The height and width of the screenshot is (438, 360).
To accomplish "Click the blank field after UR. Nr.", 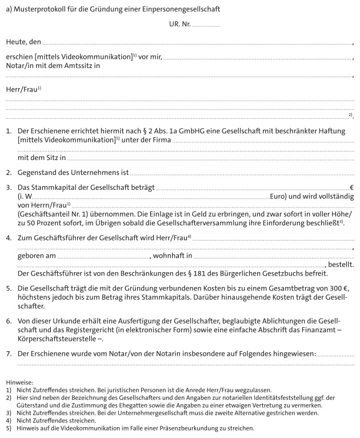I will coord(206,26).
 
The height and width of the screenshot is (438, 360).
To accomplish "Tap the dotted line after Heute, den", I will coord(197,43).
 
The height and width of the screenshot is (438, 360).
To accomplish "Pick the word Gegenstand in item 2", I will coord(39,172).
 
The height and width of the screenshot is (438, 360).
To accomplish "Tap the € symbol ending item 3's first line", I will coord(351,187).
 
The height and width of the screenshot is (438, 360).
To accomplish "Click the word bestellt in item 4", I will coord(341,265).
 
